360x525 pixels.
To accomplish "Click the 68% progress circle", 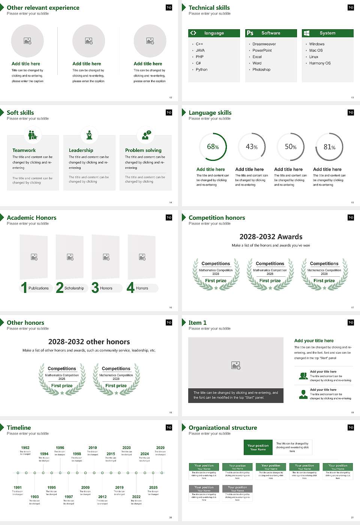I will pos(213,147).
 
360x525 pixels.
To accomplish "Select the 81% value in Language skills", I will pos(329,147).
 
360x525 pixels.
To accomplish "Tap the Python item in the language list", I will pos(201,69).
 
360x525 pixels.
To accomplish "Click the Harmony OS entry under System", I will pos(319,63).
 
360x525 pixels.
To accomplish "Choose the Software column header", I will pos(270,33).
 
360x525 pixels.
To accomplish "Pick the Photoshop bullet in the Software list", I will pos(261,69).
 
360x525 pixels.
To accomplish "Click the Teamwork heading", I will pos(24,150).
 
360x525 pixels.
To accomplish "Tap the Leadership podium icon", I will pos(89,135).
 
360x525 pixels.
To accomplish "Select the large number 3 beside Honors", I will pos(95,288).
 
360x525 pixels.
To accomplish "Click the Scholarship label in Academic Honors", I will pos(74,288).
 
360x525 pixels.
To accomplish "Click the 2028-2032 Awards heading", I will pos(271,237).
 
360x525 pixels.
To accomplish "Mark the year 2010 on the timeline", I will pos(93,447).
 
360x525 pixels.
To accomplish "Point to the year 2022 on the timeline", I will pos(136,496).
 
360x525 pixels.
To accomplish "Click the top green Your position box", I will pos(258,447).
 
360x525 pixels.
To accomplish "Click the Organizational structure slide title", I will pos(223,427).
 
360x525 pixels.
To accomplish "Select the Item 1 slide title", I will pos(197,322).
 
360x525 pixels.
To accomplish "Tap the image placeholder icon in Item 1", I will pos(236,365).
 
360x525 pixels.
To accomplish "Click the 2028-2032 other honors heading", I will pos(89,342).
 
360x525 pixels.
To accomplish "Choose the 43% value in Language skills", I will pos(251,147).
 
